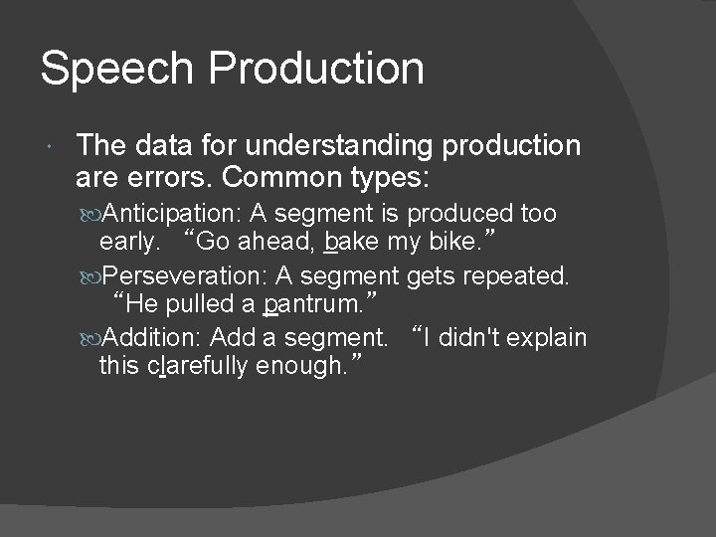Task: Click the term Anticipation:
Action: click(x=174, y=213)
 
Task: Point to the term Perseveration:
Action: click(x=186, y=274)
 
